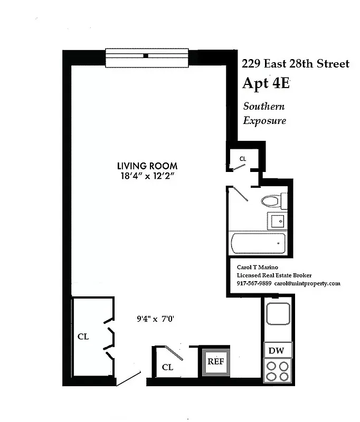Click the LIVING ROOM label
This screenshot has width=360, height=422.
[147, 165]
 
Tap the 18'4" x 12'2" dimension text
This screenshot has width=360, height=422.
[147, 176]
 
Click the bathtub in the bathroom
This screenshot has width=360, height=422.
[258, 244]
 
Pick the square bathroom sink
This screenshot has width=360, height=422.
[276, 220]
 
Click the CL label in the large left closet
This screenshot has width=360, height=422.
[83, 337]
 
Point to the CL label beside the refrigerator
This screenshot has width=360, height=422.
[167, 367]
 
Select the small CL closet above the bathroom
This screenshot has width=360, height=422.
[243, 158]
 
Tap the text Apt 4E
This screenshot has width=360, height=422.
[266, 84]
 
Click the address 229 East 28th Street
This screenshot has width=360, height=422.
[295, 64]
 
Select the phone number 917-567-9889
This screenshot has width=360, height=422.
[254, 283]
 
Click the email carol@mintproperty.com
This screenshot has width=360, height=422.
[308, 283]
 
